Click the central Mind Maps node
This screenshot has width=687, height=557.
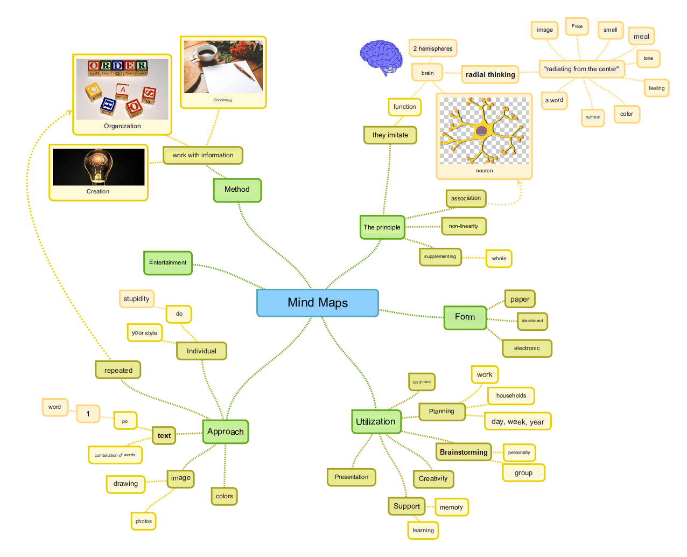[x=317, y=303]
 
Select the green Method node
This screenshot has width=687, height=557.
[x=237, y=190]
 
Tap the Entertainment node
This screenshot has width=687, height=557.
[x=168, y=263]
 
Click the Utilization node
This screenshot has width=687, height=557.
[x=376, y=421]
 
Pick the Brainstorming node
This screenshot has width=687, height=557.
[x=464, y=452]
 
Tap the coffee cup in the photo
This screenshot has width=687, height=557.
[x=206, y=52]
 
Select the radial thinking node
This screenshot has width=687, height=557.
[x=490, y=74]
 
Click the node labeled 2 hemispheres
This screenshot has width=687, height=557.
[x=432, y=48]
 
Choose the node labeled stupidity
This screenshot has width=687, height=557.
[x=136, y=299]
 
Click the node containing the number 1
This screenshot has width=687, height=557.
[x=88, y=414]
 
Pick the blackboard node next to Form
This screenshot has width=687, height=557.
[x=532, y=321]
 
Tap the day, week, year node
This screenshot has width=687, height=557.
[x=517, y=421]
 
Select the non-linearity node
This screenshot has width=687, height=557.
[x=464, y=226]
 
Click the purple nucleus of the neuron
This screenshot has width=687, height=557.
[x=481, y=131]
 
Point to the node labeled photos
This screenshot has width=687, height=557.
[x=144, y=521]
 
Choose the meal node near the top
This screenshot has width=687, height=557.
[x=641, y=37]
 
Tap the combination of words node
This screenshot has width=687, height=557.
[x=115, y=455]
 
